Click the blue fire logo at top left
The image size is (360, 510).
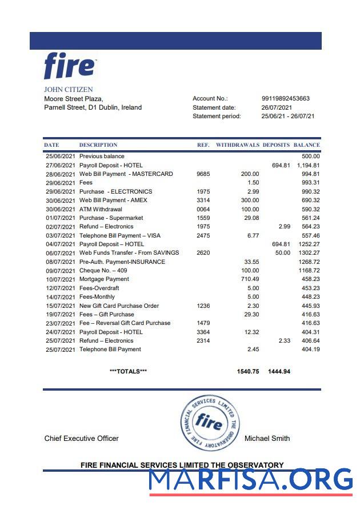(x=70, y=66)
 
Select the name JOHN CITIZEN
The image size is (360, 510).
(x=69, y=90)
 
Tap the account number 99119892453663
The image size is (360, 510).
(x=285, y=98)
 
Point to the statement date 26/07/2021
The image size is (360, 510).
(x=277, y=107)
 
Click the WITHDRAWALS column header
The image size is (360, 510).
(x=237, y=145)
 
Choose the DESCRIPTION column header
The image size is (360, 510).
(x=98, y=145)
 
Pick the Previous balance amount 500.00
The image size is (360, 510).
(x=311, y=156)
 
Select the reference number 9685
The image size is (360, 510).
(x=203, y=174)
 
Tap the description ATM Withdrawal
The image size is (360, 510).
(x=101, y=209)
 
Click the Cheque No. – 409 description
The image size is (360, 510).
(x=104, y=270)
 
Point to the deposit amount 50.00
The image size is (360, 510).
(x=282, y=253)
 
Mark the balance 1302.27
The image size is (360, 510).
(x=307, y=253)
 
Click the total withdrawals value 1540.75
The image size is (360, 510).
(x=247, y=371)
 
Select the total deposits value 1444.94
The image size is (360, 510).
(x=279, y=371)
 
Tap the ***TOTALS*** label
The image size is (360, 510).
(x=128, y=371)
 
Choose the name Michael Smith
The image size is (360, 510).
(x=267, y=439)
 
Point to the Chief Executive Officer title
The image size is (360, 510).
(x=82, y=439)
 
